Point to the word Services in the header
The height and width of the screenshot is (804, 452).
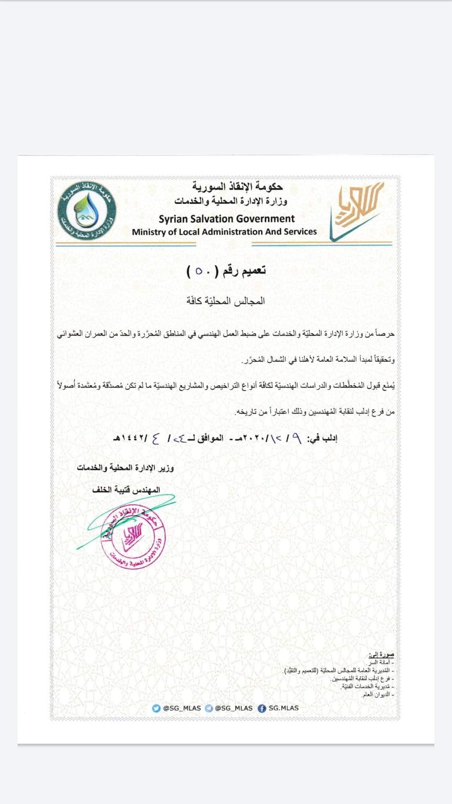[x=300, y=232]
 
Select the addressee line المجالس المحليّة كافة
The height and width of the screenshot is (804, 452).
[x=226, y=301]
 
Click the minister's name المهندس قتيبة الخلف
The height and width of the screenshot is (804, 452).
[x=126, y=489]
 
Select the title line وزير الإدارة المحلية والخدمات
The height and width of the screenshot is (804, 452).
[x=125, y=468]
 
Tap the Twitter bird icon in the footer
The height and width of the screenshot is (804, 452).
[x=157, y=708]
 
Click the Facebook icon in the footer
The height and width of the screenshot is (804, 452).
[x=262, y=708]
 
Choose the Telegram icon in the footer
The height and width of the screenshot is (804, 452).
[x=209, y=708]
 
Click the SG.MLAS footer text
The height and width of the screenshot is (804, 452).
[x=284, y=708]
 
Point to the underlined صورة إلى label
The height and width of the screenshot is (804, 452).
[x=381, y=655]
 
